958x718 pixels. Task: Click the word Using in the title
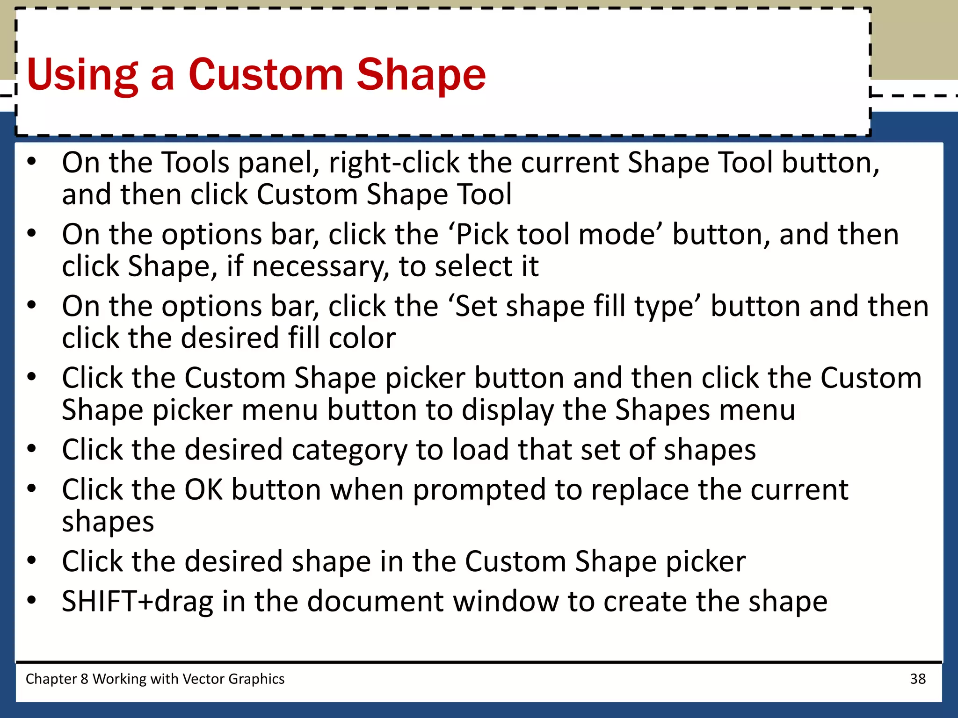tap(82, 75)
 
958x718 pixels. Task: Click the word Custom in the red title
tap(266, 75)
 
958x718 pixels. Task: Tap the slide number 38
tap(918, 679)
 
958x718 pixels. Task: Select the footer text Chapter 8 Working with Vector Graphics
tap(155, 679)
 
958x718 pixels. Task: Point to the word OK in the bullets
tap(203, 490)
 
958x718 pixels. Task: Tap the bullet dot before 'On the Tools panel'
tap(31, 162)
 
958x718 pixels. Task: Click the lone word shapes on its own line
tap(108, 522)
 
